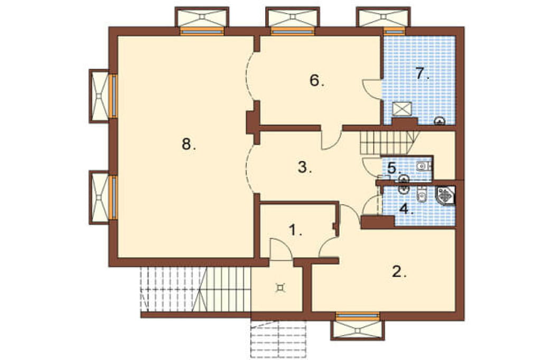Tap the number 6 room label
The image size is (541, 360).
(317, 81)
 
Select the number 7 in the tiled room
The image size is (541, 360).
(422, 73)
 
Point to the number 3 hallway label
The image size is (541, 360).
(305, 167)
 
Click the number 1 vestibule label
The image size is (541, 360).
(295, 230)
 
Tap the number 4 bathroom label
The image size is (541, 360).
(406, 209)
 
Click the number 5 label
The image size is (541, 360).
(394, 168)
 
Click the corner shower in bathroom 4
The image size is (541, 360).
(446, 196)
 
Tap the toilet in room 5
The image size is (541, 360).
(423, 167)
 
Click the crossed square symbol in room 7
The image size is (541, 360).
(402, 109)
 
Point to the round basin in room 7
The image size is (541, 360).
(439, 121)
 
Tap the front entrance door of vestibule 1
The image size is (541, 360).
(281, 248)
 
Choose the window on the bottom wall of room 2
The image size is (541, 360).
(358, 315)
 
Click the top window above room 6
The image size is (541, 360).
(293, 32)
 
